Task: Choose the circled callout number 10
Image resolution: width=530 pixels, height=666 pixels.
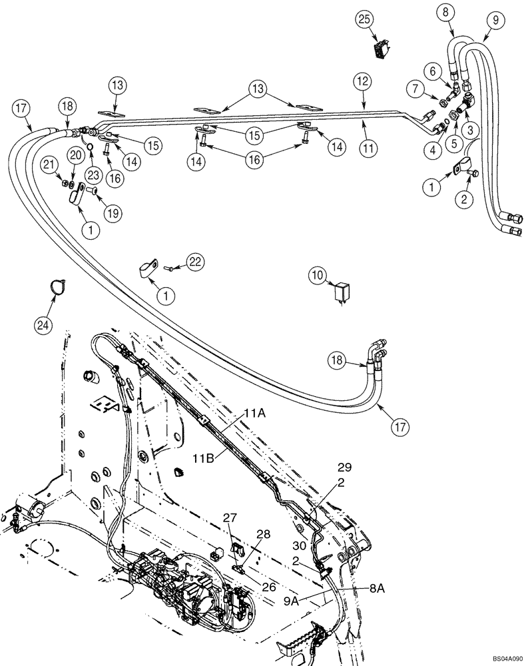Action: [318, 274]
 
